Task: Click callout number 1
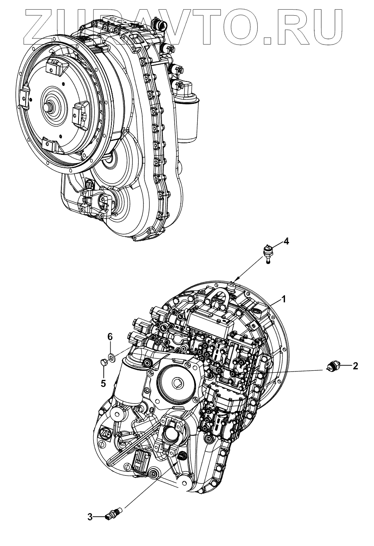(283, 299)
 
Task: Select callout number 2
(355, 365)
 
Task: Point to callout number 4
(286, 241)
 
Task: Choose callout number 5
(103, 383)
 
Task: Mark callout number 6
(109, 337)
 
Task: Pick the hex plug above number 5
(103, 363)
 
